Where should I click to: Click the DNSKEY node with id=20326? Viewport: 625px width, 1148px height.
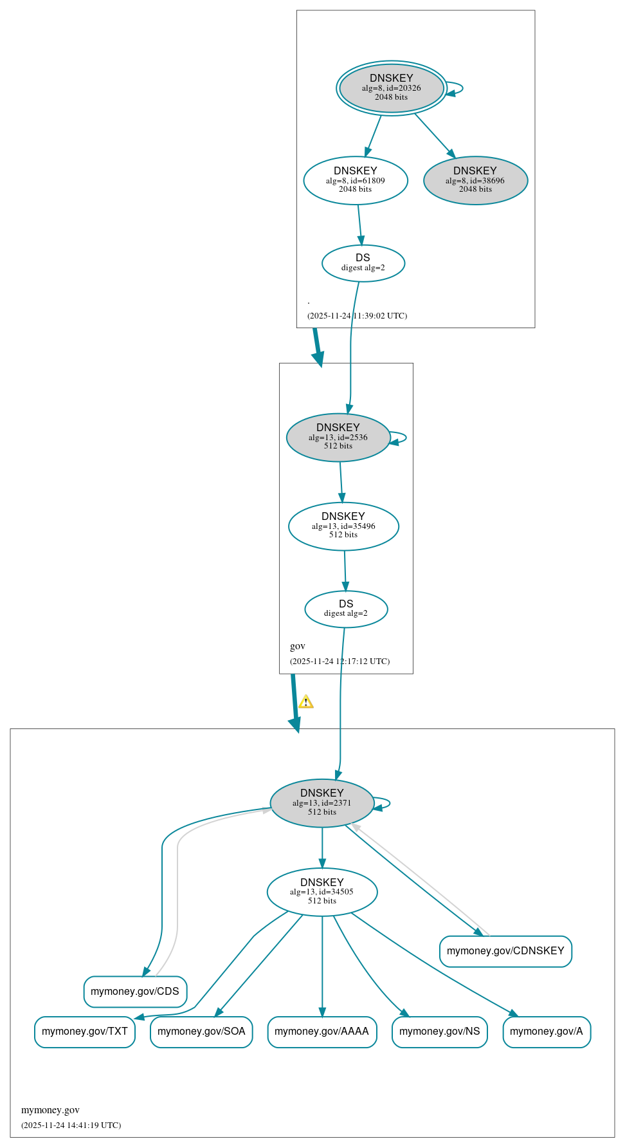pos(391,88)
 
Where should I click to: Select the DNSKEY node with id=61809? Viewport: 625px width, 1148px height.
pos(356,180)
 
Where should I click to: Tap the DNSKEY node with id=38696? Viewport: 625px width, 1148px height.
pos(475,180)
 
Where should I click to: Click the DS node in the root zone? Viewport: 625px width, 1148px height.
pos(363,263)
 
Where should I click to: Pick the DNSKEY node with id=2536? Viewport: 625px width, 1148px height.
pos(338,437)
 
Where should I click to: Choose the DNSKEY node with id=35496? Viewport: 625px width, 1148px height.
pos(343,526)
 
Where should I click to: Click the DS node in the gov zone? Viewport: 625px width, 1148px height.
pos(346,608)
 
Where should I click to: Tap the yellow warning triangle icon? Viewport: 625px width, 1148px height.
pos(306,701)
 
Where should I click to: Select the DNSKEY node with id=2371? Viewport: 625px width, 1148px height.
pos(322,802)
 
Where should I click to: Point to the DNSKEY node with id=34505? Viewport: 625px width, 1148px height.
pos(322,891)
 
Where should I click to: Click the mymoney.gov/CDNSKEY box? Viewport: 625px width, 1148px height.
pos(505,950)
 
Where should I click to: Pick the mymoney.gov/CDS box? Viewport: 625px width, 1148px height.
pos(135,991)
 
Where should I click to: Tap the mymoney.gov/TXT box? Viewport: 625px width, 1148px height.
pos(85,1031)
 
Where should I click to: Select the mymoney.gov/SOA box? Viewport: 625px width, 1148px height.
pos(201,1031)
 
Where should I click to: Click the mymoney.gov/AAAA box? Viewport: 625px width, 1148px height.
pos(322,1031)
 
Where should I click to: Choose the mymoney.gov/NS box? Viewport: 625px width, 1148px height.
pos(440,1031)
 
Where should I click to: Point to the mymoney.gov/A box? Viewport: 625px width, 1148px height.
pos(547,1031)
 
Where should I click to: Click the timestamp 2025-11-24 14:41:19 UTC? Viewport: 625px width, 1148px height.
pos(71,1125)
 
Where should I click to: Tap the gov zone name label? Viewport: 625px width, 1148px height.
pos(298,646)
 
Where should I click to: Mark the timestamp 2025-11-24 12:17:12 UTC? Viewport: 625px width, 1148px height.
pos(340,661)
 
